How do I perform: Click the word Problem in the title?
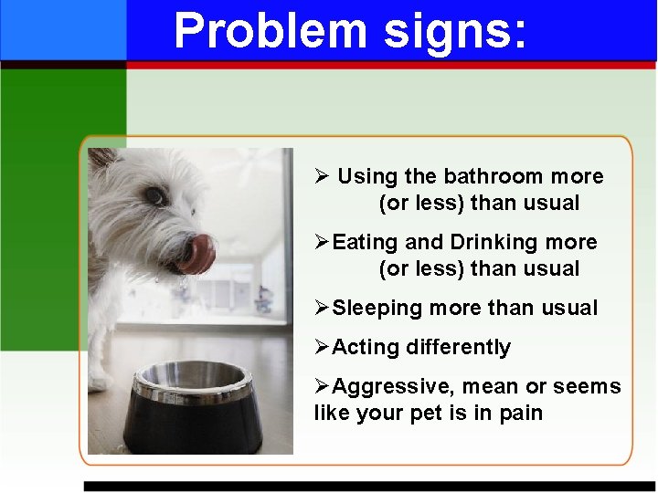[x=270, y=31]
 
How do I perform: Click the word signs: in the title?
[x=455, y=31]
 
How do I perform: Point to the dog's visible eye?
[x=155, y=195]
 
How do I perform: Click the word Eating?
[x=366, y=243]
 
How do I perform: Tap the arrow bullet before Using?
[x=321, y=176]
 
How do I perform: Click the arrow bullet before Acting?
[x=322, y=347]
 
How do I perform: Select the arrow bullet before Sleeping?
[x=322, y=308]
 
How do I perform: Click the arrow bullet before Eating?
[x=322, y=242]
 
